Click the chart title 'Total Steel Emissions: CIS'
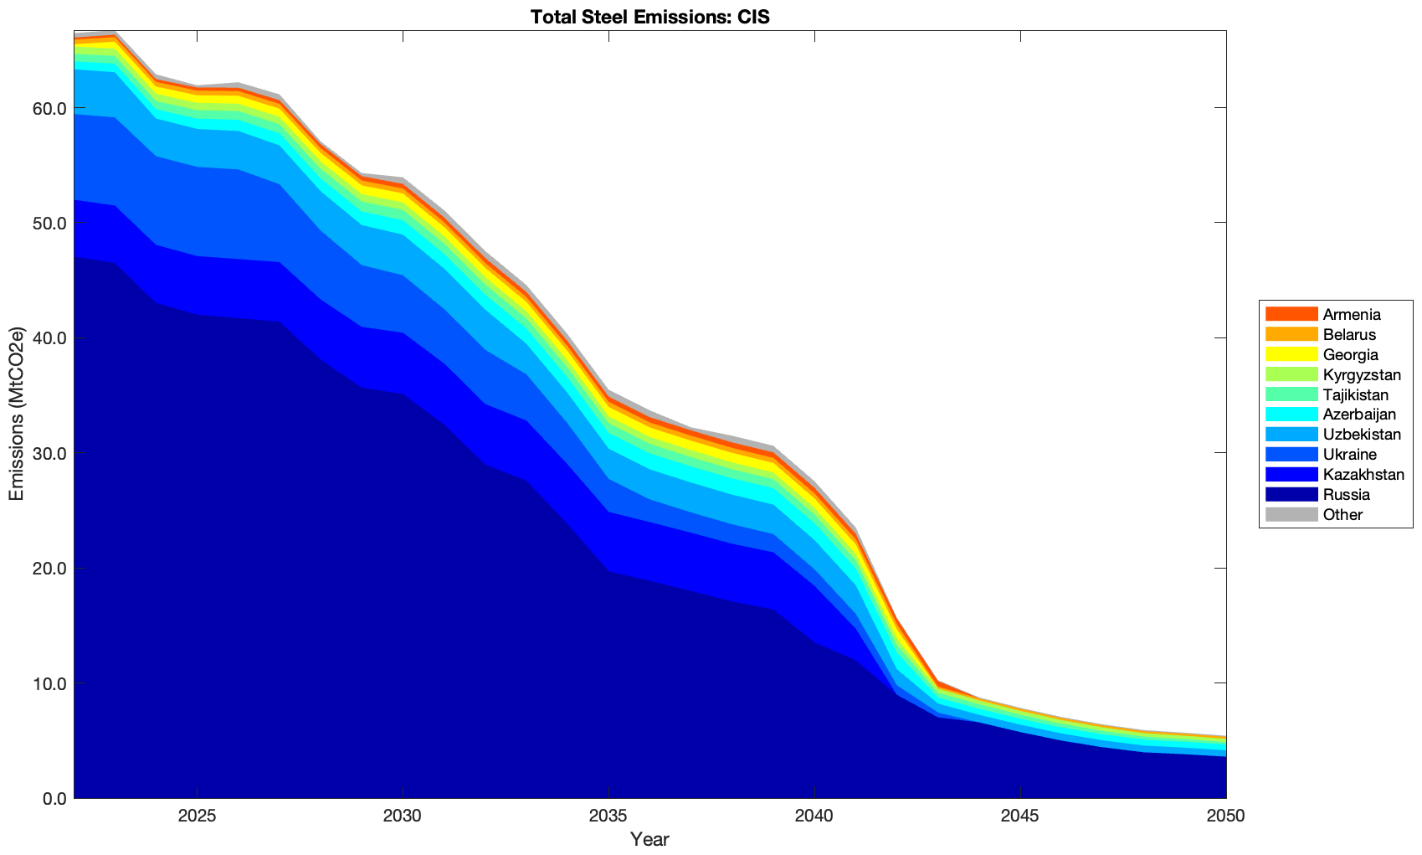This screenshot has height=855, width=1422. pyautogui.click(x=649, y=16)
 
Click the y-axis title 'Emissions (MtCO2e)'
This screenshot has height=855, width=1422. pyautogui.click(x=16, y=415)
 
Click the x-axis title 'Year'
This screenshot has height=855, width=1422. pyautogui.click(x=649, y=839)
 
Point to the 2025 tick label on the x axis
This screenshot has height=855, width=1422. pyautogui.click(x=198, y=816)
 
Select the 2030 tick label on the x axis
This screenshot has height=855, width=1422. pyautogui.click(x=403, y=816)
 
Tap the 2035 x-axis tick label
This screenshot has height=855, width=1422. pyautogui.click(x=609, y=816)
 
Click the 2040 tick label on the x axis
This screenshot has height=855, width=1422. pyautogui.click(x=815, y=816)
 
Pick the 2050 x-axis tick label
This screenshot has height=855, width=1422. pyautogui.click(x=1226, y=816)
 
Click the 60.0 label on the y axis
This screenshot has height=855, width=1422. pyautogui.click(x=49, y=108)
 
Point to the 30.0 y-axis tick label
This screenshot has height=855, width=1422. pyautogui.click(x=49, y=453)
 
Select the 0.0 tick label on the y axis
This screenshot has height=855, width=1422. pyautogui.click(x=54, y=798)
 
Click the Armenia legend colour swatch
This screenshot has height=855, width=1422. pyautogui.click(x=1291, y=314)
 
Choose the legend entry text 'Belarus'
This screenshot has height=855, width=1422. pyautogui.click(x=1349, y=335)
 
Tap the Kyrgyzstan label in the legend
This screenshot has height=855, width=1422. pyautogui.click(x=1362, y=375)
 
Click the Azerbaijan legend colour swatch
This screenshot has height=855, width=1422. pyautogui.click(x=1291, y=415)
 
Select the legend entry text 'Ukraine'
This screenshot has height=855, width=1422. pyautogui.click(x=1349, y=455)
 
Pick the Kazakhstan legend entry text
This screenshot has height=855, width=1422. pyautogui.click(x=1363, y=475)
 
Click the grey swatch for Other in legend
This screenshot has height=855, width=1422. pyautogui.click(x=1291, y=514)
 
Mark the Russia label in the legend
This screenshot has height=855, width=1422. pyautogui.click(x=1347, y=495)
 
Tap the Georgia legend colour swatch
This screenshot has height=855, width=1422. pyautogui.click(x=1291, y=354)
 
